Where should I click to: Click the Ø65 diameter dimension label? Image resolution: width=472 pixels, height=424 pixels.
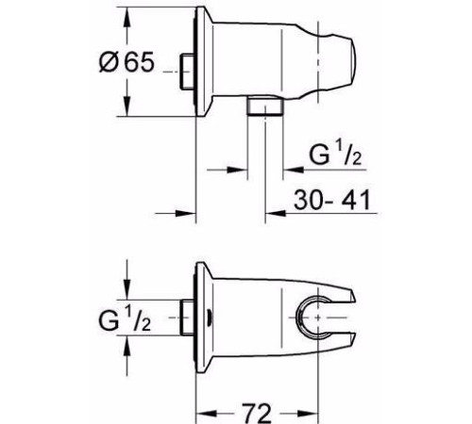pyautogui.click(x=126, y=61)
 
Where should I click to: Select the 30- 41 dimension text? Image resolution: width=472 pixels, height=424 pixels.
pyautogui.click(x=332, y=200)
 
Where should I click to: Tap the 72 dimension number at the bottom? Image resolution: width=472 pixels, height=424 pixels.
pyautogui.click(x=257, y=413)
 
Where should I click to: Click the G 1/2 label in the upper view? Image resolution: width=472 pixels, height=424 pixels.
pyautogui.click(x=335, y=153)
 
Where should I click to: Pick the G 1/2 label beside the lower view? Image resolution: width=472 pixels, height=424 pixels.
pyautogui.click(x=125, y=318)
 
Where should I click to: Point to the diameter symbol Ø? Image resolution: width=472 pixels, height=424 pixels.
pyautogui.click(x=109, y=61)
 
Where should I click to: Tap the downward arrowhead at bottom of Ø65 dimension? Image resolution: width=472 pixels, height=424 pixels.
pyautogui.click(x=126, y=106)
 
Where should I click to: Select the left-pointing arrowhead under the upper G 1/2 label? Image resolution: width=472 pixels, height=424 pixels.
pyautogui.click(x=294, y=170)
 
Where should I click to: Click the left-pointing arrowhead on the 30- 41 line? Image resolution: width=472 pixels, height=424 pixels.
pyautogui.click(x=276, y=213)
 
